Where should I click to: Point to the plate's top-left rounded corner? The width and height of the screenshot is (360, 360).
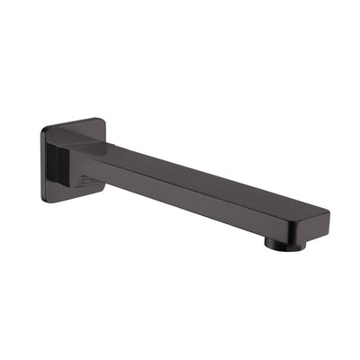(x=45, y=128)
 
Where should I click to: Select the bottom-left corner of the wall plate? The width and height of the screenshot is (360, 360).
(x=47, y=200)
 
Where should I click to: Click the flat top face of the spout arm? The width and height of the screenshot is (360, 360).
(x=207, y=175)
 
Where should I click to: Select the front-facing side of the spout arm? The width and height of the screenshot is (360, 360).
(x=198, y=199)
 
